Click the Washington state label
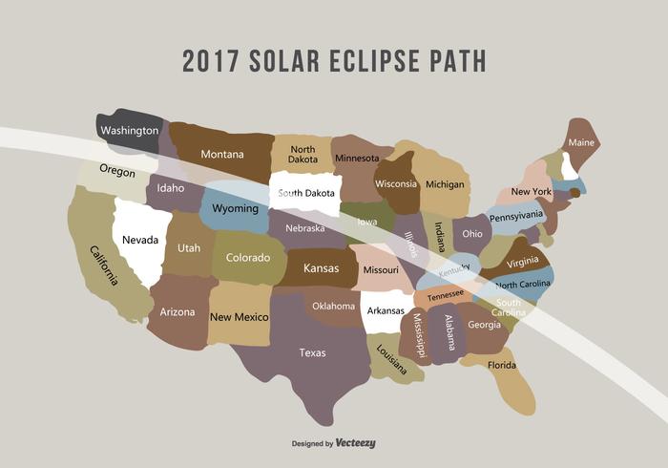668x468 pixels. [130, 130]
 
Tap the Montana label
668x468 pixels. [222, 154]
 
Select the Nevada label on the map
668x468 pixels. [139, 239]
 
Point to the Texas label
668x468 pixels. [312, 352]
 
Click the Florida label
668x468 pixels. [502, 364]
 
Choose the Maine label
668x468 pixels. [581, 142]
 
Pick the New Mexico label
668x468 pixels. [240, 316]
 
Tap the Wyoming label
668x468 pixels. [235, 208]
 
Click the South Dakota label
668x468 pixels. [306, 193]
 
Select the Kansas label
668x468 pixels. [321, 268]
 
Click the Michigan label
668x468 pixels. [445, 184]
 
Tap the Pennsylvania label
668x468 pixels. [516, 217]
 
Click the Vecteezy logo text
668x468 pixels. [355, 443]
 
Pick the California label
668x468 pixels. [104, 266]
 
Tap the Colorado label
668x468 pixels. [248, 257]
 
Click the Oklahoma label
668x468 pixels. [333, 307]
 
